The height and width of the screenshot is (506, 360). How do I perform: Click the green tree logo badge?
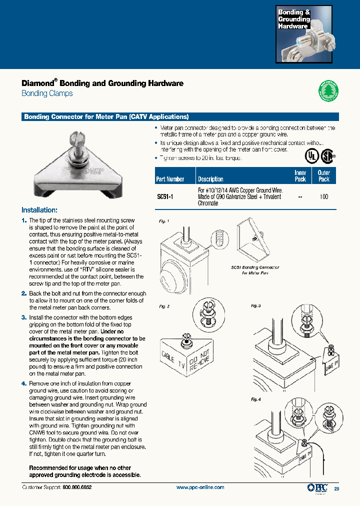(x=328, y=91)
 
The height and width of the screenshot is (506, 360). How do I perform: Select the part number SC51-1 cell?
(x=165, y=197)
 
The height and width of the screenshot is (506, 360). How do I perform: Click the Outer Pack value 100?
(x=323, y=197)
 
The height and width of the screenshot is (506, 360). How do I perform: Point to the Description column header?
(x=210, y=179)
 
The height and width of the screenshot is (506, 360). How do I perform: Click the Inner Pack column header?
(x=300, y=175)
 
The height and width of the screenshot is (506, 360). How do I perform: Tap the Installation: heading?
(x=39, y=210)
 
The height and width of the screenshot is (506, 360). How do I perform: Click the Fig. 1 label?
(x=164, y=220)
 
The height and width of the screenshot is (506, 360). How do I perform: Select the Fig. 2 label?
(x=164, y=306)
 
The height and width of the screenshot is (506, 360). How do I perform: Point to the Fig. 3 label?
(x=256, y=305)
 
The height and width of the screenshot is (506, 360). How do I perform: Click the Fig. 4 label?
(x=256, y=399)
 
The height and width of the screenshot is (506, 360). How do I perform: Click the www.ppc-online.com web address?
(x=200, y=487)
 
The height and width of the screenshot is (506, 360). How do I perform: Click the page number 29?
(x=336, y=488)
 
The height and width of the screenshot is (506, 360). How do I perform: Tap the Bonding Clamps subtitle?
(x=47, y=93)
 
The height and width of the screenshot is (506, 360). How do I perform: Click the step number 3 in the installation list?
(x=23, y=317)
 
